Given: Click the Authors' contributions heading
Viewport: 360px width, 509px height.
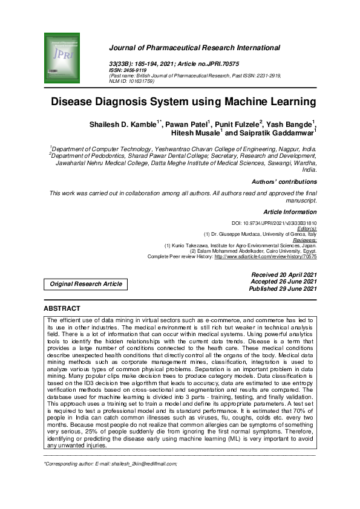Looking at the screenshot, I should [284, 181].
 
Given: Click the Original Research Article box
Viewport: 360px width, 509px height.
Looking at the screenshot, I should [85, 284].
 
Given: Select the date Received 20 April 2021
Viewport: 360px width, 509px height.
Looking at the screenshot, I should [284, 274].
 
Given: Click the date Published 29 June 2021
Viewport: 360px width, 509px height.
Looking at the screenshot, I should [283, 289].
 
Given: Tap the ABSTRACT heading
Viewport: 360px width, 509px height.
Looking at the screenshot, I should [62, 308].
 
